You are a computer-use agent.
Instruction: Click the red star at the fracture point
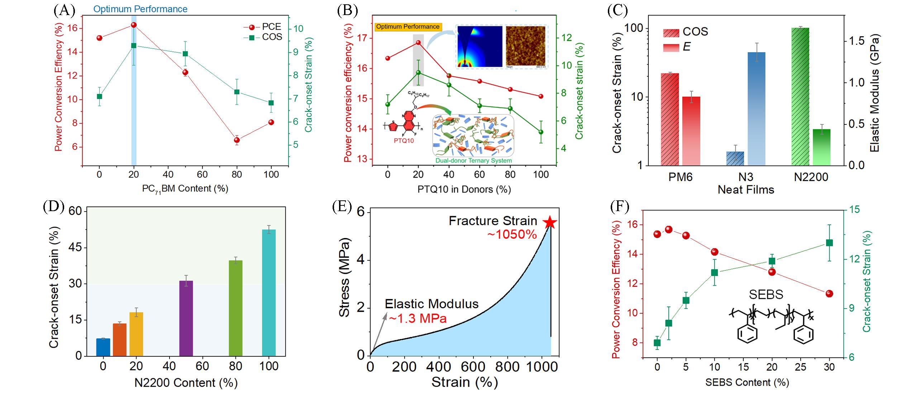(x=550, y=223)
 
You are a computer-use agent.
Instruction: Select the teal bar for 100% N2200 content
(x=269, y=292)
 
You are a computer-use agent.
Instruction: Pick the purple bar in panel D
(x=186, y=318)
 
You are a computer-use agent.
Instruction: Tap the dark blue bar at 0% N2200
(x=103, y=347)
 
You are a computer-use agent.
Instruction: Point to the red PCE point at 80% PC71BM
(x=237, y=140)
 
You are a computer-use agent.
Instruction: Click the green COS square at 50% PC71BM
(x=185, y=54)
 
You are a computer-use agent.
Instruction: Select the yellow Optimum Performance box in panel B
(x=407, y=27)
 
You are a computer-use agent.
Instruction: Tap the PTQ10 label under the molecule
(x=404, y=141)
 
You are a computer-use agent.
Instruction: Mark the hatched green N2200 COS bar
(x=800, y=96)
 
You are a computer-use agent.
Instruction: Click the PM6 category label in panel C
(x=680, y=177)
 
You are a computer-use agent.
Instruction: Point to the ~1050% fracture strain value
(x=512, y=234)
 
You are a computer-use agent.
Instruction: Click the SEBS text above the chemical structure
(x=766, y=295)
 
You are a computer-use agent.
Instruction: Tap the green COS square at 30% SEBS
(x=829, y=243)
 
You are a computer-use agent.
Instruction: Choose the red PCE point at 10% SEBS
(x=714, y=252)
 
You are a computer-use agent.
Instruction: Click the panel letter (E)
(x=342, y=207)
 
